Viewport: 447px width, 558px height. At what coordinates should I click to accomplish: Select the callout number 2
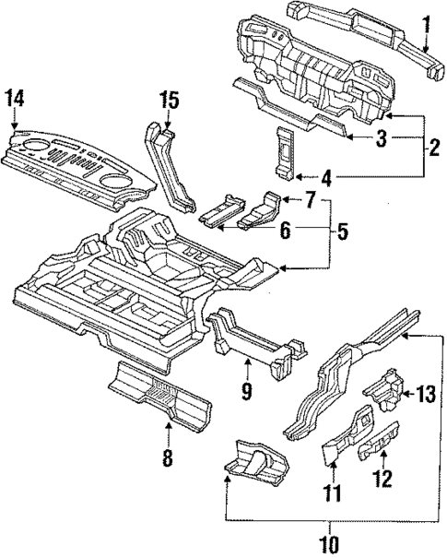click(431, 145)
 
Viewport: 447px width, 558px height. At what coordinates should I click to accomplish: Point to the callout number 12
click(382, 480)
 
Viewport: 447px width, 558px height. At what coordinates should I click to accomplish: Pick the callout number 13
click(423, 396)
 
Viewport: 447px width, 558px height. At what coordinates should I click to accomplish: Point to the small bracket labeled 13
click(384, 392)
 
